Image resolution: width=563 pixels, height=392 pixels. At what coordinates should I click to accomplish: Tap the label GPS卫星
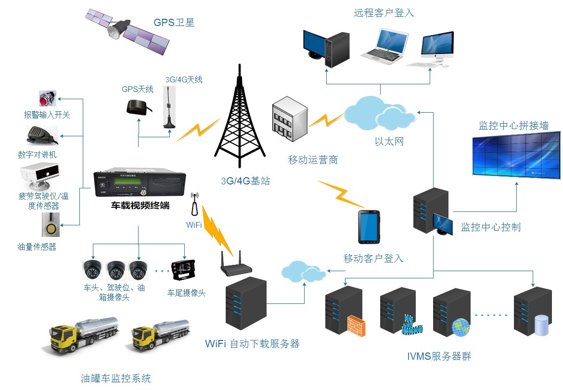(x=174, y=23)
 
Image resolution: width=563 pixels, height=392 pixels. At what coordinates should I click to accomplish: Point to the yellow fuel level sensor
(x=49, y=225)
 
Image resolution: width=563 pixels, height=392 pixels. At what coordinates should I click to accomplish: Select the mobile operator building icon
(x=290, y=120)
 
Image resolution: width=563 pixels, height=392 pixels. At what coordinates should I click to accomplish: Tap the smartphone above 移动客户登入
(x=368, y=227)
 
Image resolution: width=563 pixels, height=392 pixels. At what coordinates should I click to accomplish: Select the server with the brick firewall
(x=345, y=311)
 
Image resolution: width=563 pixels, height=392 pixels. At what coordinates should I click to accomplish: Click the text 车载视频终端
(x=140, y=206)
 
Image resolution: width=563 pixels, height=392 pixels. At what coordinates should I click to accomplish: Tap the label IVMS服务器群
(x=438, y=356)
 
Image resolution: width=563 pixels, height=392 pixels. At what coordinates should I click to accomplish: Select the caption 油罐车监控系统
(x=115, y=378)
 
